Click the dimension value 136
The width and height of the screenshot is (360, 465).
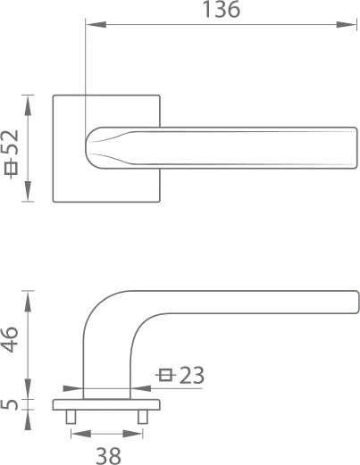(222, 11)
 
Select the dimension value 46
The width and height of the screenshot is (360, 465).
(11, 341)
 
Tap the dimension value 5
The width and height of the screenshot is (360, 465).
(11, 404)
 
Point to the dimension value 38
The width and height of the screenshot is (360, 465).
(108, 455)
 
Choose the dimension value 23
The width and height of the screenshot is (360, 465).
(191, 376)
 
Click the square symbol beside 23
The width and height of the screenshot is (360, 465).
(164, 376)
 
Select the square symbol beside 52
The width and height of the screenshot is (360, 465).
(11, 170)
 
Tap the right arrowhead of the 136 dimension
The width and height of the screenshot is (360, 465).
(352, 26)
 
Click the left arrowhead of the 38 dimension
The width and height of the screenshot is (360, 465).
(76, 435)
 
